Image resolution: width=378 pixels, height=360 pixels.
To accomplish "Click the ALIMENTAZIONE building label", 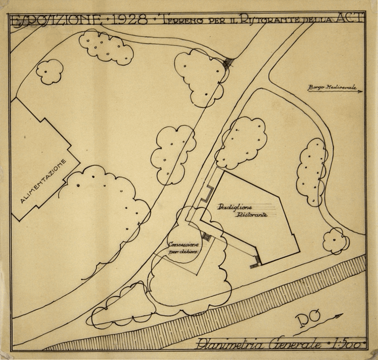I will [44, 181].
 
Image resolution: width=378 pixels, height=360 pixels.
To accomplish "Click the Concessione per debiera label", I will [183, 248].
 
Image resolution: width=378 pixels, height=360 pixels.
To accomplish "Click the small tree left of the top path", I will [50, 71].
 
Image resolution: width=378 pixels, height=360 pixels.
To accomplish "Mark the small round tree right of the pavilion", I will [335, 241].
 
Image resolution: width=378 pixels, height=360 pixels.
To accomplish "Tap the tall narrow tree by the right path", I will [312, 172].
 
